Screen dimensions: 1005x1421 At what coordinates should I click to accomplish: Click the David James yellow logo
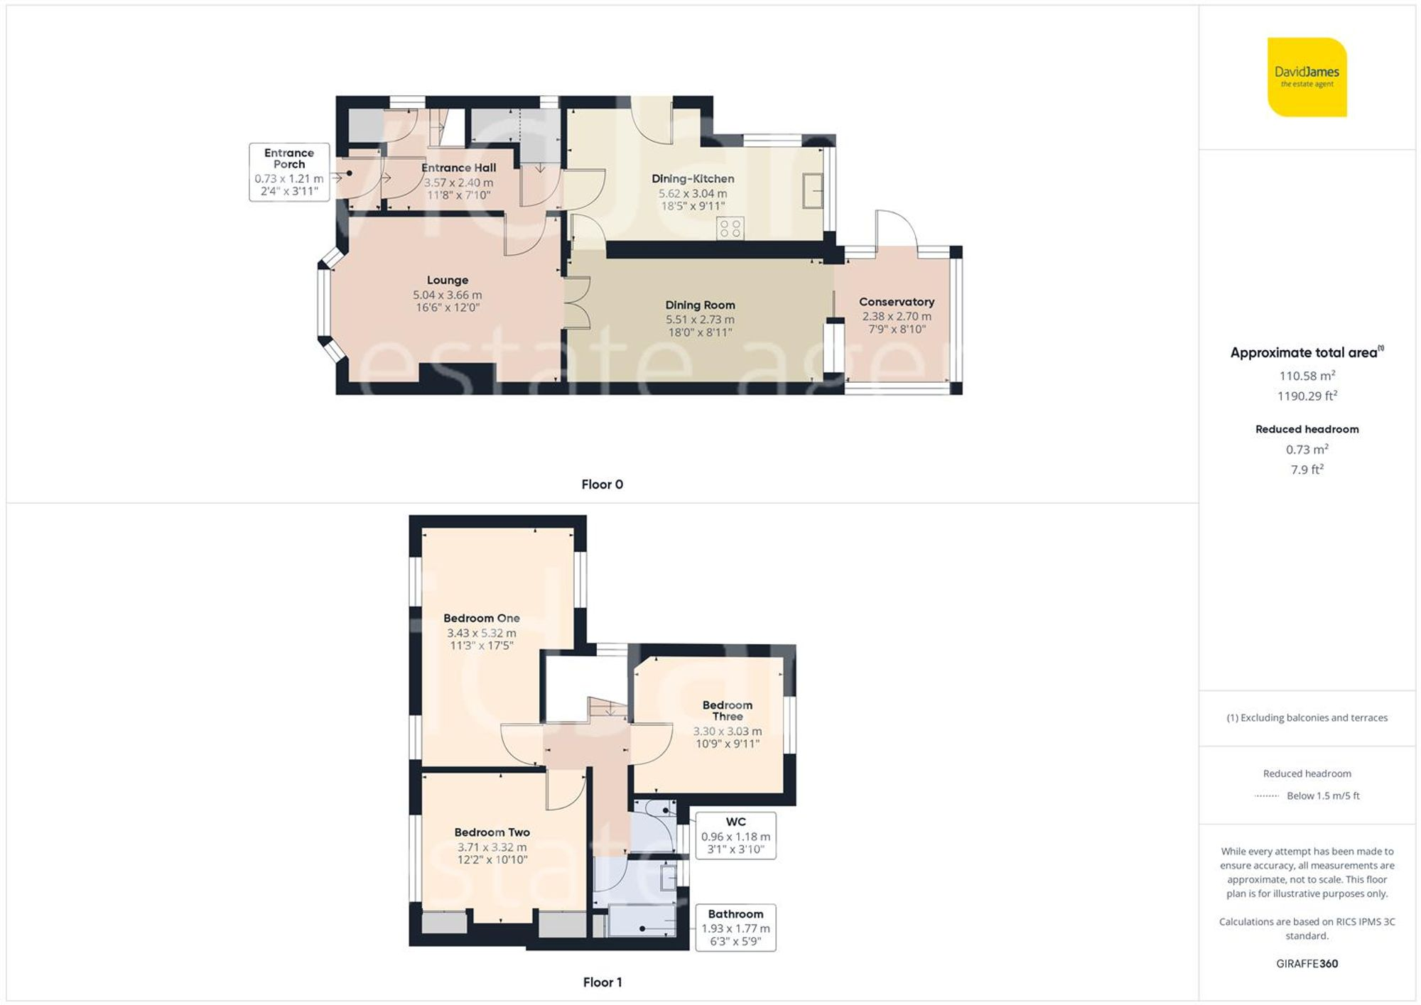[1307, 77]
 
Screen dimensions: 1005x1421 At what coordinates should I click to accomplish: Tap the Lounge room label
[447, 280]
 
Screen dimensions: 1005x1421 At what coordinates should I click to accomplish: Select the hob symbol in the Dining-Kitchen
[730, 228]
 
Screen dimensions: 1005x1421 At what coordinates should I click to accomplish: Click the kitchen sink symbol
[812, 190]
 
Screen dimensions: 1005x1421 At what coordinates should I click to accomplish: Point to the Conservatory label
[896, 302]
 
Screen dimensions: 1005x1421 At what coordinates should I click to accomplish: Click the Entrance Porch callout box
[289, 172]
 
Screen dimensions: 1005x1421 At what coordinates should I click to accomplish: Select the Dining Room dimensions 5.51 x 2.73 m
[700, 320]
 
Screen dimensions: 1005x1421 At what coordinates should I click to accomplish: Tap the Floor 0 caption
[602, 484]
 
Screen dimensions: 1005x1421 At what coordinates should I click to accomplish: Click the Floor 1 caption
[602, 982]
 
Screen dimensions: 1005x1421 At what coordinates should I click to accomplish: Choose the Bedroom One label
[481, 618]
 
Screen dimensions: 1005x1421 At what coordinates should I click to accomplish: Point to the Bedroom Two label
[492, 832]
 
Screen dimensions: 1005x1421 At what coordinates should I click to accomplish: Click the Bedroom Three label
[727, 710]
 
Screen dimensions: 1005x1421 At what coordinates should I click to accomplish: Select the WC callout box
[735, 835]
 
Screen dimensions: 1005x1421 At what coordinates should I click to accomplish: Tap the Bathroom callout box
[735, 927]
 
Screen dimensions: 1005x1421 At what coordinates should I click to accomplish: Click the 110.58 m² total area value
[1307, 376]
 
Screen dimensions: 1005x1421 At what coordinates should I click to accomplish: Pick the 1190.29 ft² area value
[1307, 396]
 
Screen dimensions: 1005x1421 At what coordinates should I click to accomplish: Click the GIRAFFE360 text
[1307, 964]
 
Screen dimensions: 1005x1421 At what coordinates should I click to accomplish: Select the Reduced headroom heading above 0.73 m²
[1307, 429]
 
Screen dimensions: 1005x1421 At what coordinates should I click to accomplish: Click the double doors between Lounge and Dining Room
[577, 303]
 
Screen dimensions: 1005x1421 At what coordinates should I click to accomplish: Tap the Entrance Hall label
[458, 168]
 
